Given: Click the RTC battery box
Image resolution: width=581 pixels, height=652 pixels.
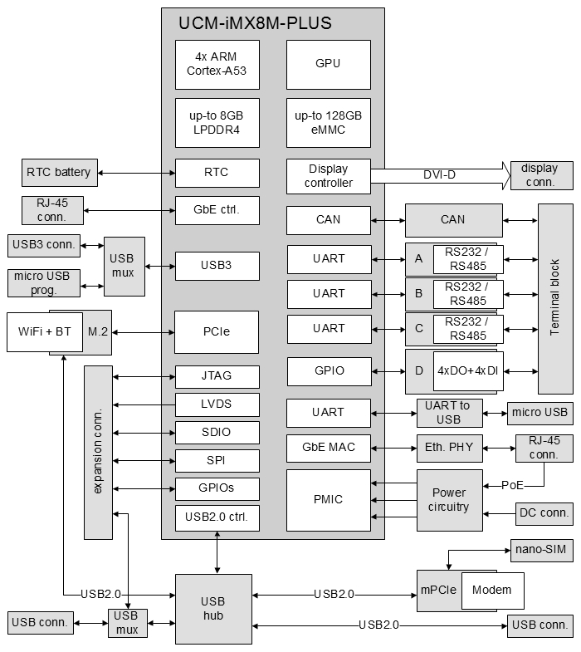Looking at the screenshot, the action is click(x=60, y=173).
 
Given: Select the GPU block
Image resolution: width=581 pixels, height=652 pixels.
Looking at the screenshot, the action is click(x=329, y=65).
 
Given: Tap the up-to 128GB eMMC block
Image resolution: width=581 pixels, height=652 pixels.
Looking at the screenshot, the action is click(x=329, y=123).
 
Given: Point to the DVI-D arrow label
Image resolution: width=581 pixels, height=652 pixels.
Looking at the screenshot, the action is click(x=439, y=175).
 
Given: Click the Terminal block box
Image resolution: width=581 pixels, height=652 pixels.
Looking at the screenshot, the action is click(x=555, y=298).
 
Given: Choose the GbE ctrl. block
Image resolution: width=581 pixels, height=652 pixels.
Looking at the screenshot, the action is click(x=217, y=210).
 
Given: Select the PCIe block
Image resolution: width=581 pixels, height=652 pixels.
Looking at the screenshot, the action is click(x=216, y=332).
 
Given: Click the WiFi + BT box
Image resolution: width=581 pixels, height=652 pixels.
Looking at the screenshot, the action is click(x=45, y=332).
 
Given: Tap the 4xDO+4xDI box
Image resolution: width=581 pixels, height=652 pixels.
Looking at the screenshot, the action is click(x=468, y=371).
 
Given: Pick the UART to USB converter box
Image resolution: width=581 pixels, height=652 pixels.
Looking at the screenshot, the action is click(x=450, y=413).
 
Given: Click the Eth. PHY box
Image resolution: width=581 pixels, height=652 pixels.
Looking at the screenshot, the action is click(x=450, y=449).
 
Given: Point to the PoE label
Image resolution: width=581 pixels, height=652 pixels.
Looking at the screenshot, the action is click(x=512, y=485).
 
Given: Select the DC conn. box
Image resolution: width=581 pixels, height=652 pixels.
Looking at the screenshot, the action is click(x=544, y=514).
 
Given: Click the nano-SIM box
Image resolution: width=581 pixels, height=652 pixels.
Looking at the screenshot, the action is click(x=541, y=550).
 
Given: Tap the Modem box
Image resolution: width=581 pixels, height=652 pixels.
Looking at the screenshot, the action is click(x=492, y=591).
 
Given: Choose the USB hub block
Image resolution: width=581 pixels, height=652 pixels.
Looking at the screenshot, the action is click(x=213, y=609).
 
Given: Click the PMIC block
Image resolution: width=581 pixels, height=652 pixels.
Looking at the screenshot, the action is click(x=329, y=500).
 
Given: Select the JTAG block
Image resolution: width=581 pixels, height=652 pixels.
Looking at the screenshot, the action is click(x=217, y=377).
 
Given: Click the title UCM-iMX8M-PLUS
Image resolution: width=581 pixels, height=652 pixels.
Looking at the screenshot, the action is click(x=255, y=23).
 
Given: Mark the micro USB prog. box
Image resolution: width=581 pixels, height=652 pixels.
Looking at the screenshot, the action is click(x=44, y=283).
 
